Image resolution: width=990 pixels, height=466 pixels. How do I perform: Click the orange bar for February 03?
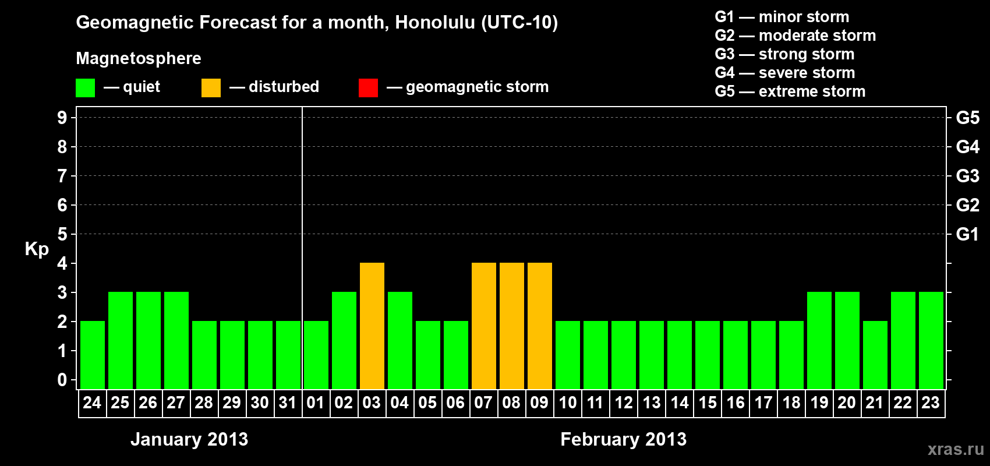tap(372, 326)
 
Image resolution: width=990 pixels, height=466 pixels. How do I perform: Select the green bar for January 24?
tap(93, 355)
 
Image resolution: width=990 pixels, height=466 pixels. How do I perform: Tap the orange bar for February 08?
tap(512, 326)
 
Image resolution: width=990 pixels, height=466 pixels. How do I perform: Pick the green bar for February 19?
tap(819, 340)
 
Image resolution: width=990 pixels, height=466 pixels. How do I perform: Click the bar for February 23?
tap(931, 340)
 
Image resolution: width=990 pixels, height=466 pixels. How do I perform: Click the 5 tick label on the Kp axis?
tap(62, 234)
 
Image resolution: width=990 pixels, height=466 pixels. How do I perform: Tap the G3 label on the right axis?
tap(967, 176)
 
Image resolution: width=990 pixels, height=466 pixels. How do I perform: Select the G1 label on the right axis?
tap(967, 234)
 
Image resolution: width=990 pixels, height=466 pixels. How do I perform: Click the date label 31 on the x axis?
tap(288, 403)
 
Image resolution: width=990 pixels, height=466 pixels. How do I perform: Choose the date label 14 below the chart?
tap(679, 403)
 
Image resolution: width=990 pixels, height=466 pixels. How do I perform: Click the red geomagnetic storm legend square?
tap(369, 87)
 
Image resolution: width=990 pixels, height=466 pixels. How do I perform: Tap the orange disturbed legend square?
tap(211, 87)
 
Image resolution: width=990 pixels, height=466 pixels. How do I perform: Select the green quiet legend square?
tap(85, 87)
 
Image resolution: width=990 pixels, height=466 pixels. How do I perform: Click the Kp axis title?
tap(37, 249)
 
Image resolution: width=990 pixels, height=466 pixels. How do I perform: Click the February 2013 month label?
tap(623, 439)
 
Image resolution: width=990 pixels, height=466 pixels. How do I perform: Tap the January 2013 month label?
tap(189, 439)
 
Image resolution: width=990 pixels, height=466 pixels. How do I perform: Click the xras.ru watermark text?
tap(956, 450)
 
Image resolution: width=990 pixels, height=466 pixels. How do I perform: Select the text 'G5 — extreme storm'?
tap(790, 91)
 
